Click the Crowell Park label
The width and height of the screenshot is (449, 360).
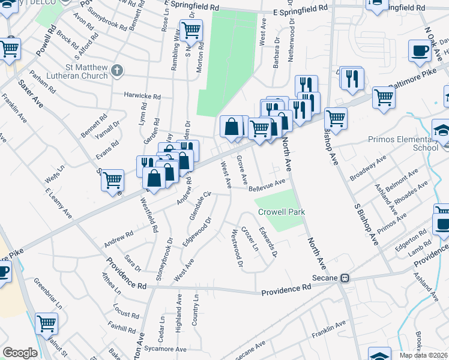coord(282,212)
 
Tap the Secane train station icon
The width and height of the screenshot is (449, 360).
coord(345,278)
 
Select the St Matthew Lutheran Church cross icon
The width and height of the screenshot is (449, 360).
coord(116,71)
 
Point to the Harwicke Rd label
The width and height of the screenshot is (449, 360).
coord(142,95)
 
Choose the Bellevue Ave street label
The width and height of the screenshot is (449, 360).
coord(267,184)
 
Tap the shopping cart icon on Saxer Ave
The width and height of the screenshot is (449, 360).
coord(112,179)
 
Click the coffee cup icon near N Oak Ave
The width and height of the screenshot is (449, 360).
coord(420,50)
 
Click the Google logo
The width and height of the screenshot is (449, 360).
coord(20,353)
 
